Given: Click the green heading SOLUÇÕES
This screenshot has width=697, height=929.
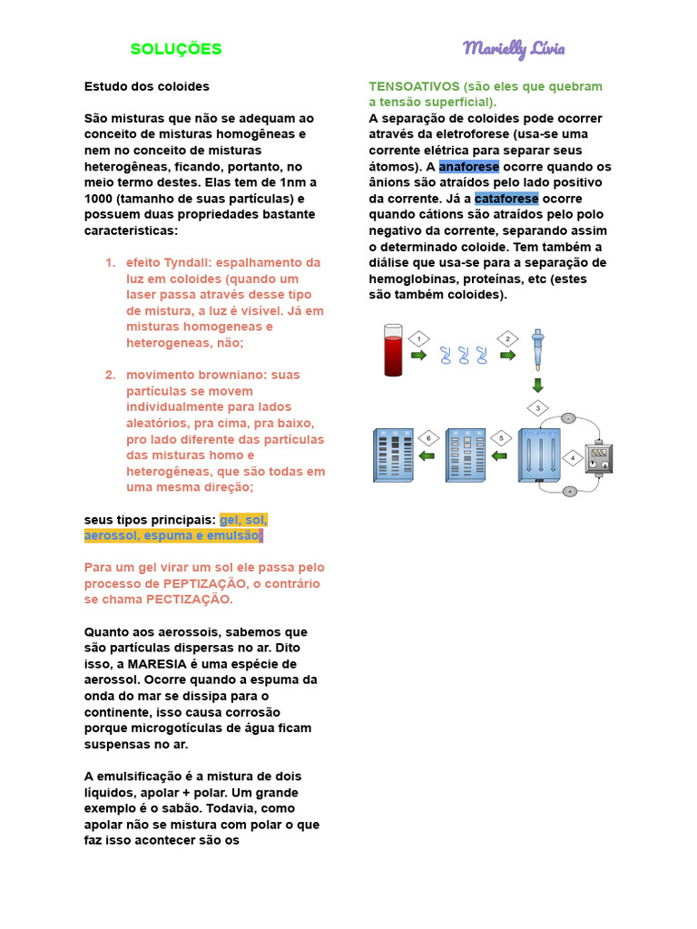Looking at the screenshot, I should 176,49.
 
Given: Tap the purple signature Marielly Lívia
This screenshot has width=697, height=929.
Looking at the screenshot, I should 514,48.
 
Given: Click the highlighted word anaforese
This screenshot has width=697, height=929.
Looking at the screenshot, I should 468,167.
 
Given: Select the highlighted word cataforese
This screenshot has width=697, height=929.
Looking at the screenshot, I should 506,199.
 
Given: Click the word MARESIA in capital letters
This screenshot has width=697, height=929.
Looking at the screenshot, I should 157,663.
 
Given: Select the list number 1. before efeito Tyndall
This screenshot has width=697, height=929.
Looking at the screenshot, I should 110,263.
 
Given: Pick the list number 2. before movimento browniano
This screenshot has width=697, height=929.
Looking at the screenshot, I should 110,376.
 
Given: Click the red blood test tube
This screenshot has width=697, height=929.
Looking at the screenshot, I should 393,350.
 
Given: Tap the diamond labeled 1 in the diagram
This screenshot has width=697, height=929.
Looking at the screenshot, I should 418,338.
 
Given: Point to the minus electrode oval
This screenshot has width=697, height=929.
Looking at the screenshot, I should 568,419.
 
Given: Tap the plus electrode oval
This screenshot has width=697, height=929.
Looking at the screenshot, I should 570,491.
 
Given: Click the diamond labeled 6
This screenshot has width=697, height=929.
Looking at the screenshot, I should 427,438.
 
